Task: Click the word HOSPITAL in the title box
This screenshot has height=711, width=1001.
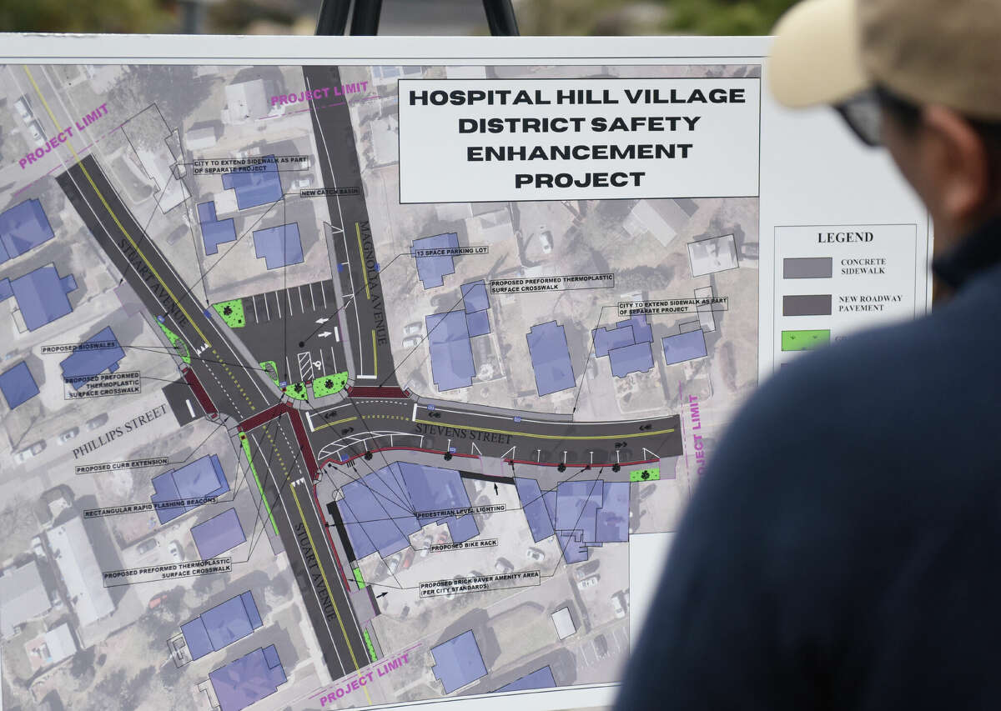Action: pyautogui.click(x=462, y=97)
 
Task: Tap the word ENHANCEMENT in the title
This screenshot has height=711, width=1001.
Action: pyautogui.click(x=579, y=152)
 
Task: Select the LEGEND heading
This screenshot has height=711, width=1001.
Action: pyautogui.click(x=845, y=237)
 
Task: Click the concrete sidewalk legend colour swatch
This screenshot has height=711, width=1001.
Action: pyautogui.click(x=807, y=268)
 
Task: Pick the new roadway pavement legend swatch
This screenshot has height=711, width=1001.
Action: pyautogui.click(x=807, y=304)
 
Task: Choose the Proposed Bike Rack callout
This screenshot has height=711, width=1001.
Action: pyautogui.click(x=463, y=545)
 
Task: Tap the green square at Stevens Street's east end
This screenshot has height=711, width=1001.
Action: pyautogui.click(x=644, y=474)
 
